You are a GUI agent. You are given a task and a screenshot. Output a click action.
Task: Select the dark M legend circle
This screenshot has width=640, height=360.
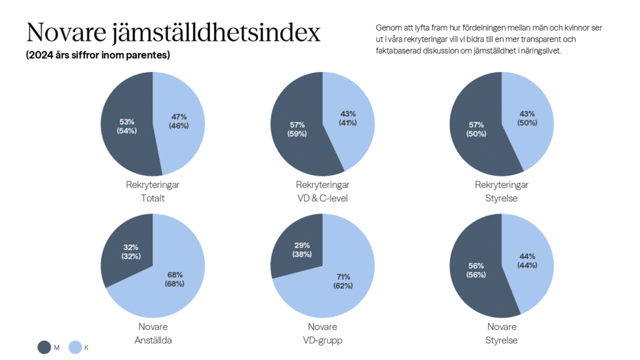pos(44,347)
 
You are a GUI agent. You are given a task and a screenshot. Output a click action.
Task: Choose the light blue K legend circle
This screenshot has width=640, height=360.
pos(75,347)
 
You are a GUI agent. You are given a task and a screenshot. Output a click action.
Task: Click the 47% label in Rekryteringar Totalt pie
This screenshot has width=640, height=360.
pos(178,117)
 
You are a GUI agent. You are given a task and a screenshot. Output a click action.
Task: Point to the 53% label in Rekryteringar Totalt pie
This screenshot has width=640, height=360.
pos(127,121)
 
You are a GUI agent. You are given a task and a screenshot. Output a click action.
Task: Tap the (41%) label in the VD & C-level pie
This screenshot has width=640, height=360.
pos(348,122)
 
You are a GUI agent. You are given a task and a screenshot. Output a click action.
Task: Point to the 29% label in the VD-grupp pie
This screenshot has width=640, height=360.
pos(301,245)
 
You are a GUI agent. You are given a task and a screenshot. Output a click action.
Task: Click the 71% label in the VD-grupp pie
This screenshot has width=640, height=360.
pos(343,277)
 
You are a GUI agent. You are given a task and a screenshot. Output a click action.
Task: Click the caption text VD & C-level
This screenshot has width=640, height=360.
pos(322,199)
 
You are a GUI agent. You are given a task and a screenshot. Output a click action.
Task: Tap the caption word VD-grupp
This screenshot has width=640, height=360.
pos(322,341)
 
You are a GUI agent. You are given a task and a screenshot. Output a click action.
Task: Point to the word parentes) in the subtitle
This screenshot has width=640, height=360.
pos(148,55)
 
